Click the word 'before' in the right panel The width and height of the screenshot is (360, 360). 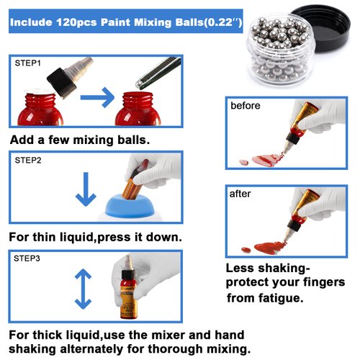click(x=245, y=106)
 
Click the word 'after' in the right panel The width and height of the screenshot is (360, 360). click(x=240, y=194)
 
